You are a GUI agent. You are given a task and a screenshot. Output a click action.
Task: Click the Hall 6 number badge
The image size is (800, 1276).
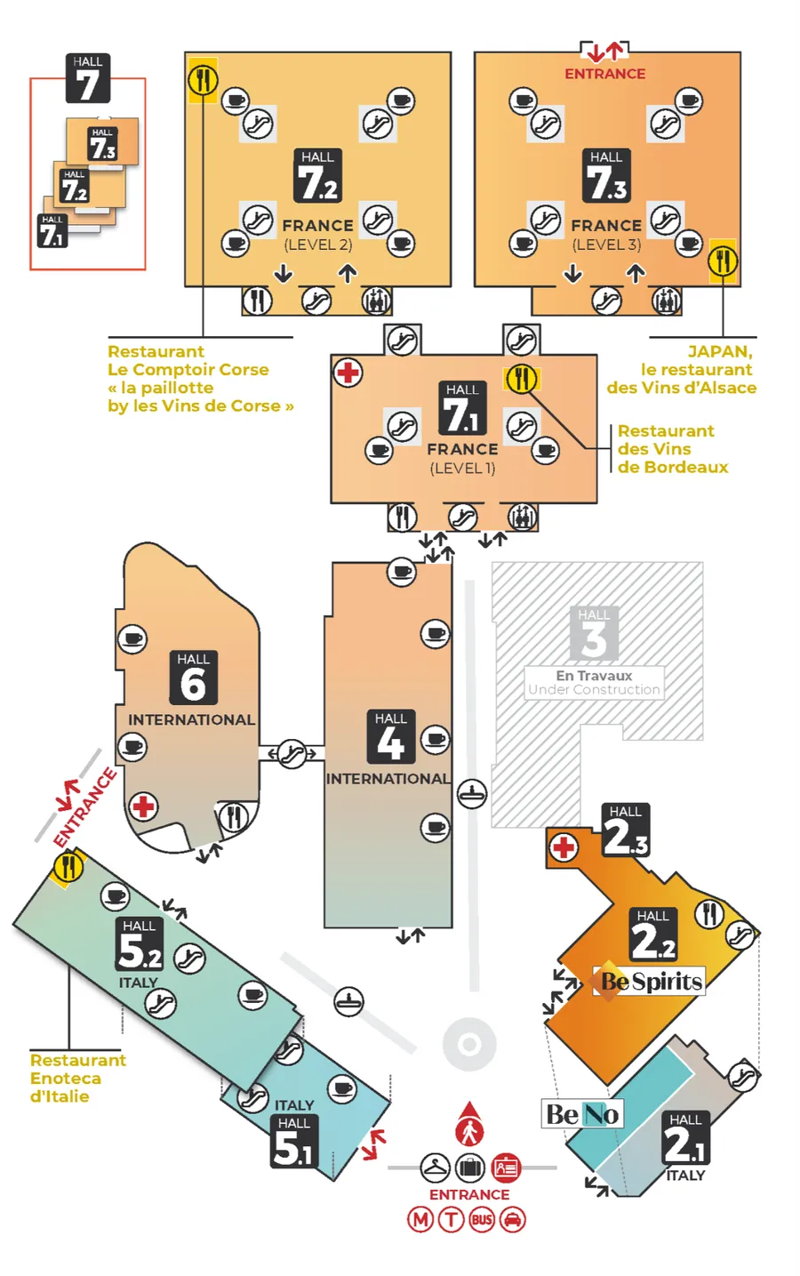(x=193, y=678)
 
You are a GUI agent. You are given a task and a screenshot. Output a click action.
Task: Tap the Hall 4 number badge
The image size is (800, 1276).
(x=390, y=736)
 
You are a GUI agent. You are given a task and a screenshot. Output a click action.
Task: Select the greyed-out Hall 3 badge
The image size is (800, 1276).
(x=594, y=633)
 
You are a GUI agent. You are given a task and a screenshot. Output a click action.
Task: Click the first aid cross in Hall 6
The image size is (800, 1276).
(x=143, y=807)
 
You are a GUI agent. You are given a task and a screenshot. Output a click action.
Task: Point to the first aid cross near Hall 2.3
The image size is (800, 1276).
(x=564, y=847)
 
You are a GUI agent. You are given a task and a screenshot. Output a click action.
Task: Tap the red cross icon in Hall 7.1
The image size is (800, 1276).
(x=348, y=373)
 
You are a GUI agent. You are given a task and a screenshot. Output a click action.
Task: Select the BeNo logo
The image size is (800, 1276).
(x=582, y=1114)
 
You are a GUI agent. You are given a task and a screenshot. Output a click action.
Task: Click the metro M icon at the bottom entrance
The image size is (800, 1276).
(x=420, y=1220)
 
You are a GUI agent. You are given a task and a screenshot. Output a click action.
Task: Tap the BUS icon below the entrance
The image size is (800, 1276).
(x=482, y=1220)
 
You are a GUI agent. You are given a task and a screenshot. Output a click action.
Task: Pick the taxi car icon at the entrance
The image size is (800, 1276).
(x=513, y=1220)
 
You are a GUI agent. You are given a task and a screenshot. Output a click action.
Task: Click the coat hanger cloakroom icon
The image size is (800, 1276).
(x=435, y=1168)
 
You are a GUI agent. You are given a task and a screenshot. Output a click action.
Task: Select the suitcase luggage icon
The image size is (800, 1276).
(x=470, y=1168)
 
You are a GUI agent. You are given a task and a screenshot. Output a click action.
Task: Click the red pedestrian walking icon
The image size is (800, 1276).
(x=469, y=1126)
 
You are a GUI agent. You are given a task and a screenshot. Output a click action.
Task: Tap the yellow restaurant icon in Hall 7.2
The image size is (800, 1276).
(x=203, y=80)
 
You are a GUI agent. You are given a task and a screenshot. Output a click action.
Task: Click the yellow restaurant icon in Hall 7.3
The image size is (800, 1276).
(x=723, y=261)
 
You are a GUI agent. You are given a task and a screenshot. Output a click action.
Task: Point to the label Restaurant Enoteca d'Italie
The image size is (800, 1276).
(x=78, y=1079)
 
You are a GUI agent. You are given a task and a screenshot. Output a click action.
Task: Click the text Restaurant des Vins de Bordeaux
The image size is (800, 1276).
(x=673, y=449)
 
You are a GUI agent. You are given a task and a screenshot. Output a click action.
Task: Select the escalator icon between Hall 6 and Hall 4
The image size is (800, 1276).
(x=292, y=754)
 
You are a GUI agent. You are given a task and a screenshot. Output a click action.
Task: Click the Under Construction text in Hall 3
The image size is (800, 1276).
(x=594, y=689)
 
